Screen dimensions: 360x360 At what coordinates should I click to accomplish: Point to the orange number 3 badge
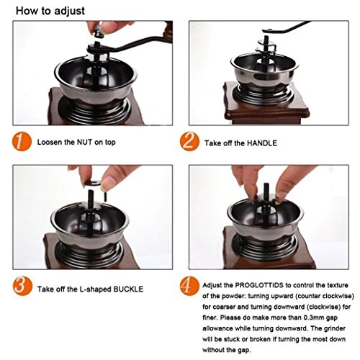(22, 287)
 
